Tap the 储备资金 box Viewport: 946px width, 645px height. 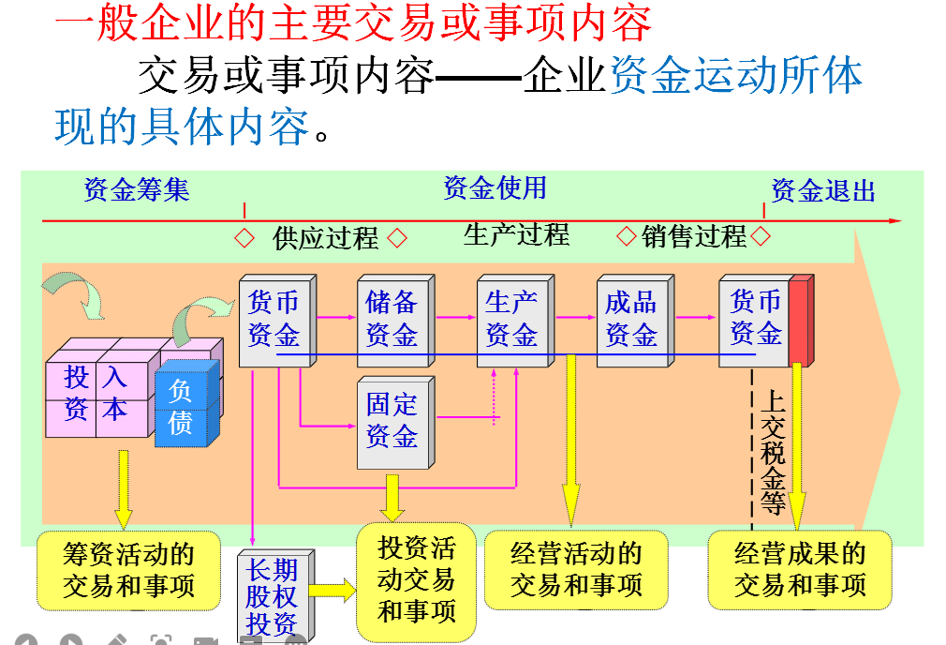click(x=392, y=319)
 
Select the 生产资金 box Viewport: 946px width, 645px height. click(x=511, y=319)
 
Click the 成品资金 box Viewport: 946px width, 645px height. click(x=630, y=319)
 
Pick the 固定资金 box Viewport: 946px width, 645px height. click(x=392, y=421)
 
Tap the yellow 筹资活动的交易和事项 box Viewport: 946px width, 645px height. click(x=128, y=570)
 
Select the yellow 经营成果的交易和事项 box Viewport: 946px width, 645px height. click(x=800, y=570)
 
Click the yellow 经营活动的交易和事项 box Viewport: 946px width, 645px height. click(x=576, y=570)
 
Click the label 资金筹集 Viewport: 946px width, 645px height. click(x=137, y=190)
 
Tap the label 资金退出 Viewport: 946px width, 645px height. click(x=823, y=191)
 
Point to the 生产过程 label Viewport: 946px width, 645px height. click(x=516, y=234)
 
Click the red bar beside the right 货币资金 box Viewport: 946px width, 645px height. click(x=799, y=320)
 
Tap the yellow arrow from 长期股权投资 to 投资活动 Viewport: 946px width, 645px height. click(x=331, y=591)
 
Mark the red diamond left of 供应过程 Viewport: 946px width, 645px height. click(x=244, y=238)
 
